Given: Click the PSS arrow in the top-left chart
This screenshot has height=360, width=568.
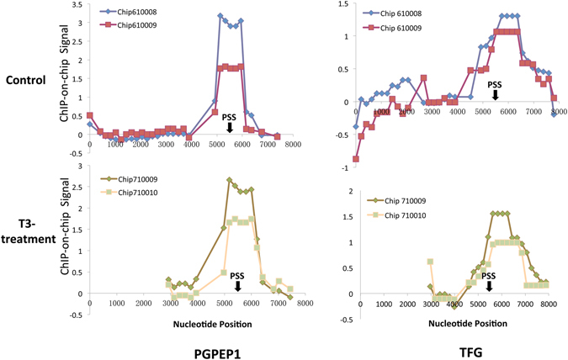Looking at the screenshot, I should point(230,126).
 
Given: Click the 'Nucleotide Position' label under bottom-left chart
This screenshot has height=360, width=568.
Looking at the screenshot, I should point(208,321).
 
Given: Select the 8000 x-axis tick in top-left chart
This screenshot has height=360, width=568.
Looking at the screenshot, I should point(292,146).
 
